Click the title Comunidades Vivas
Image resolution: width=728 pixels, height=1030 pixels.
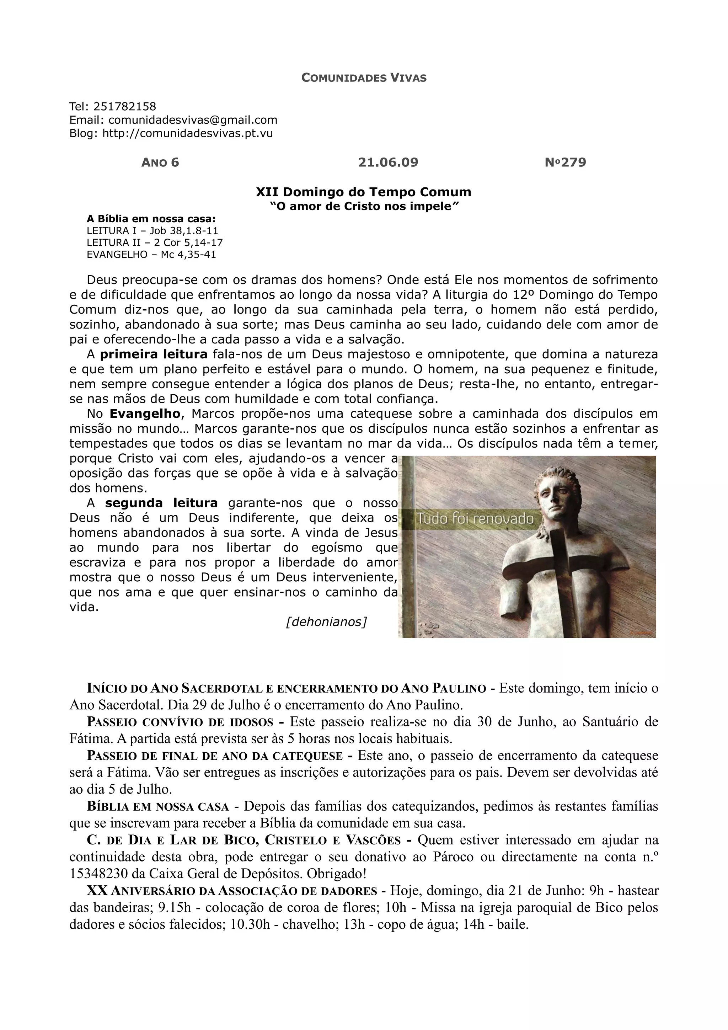tap(364, 78)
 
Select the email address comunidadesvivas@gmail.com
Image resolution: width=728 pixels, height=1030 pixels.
tap(193, 120)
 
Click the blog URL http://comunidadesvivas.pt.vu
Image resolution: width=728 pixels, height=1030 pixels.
tap(187, 134)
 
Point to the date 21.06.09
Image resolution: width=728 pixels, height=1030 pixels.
tap(388, 162)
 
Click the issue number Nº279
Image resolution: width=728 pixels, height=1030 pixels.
tap(565, 162)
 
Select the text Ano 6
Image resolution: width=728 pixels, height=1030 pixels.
tap(160, 162)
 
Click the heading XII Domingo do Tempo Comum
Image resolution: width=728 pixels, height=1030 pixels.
tap(363, 192)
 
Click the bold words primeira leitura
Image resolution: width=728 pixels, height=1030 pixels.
tap(154, 355)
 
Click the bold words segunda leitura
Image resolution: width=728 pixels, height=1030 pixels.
tap(161, 503)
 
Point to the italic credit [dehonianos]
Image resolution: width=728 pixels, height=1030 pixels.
tap(326, 622)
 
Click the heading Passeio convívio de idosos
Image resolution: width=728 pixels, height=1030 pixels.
tap(180, 722)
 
